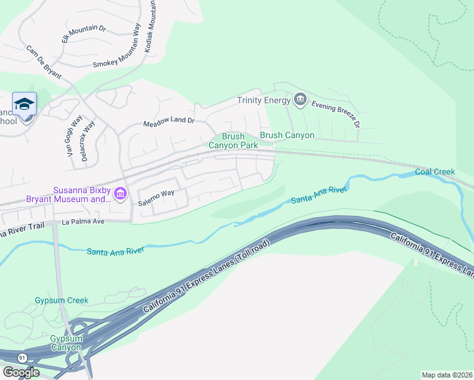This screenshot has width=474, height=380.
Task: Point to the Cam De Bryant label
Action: [x=44, y=62]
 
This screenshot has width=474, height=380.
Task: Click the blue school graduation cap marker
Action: [x=24, y=104]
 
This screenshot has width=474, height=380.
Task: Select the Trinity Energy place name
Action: [x=262, y=99]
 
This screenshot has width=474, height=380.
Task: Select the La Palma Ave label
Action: [x=82, y=222]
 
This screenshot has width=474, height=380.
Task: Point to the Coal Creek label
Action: [x=435, y=172]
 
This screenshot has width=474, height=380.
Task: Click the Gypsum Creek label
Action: [x=61, y=300]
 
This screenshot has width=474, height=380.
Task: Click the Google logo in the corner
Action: [x=21, y=372]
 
